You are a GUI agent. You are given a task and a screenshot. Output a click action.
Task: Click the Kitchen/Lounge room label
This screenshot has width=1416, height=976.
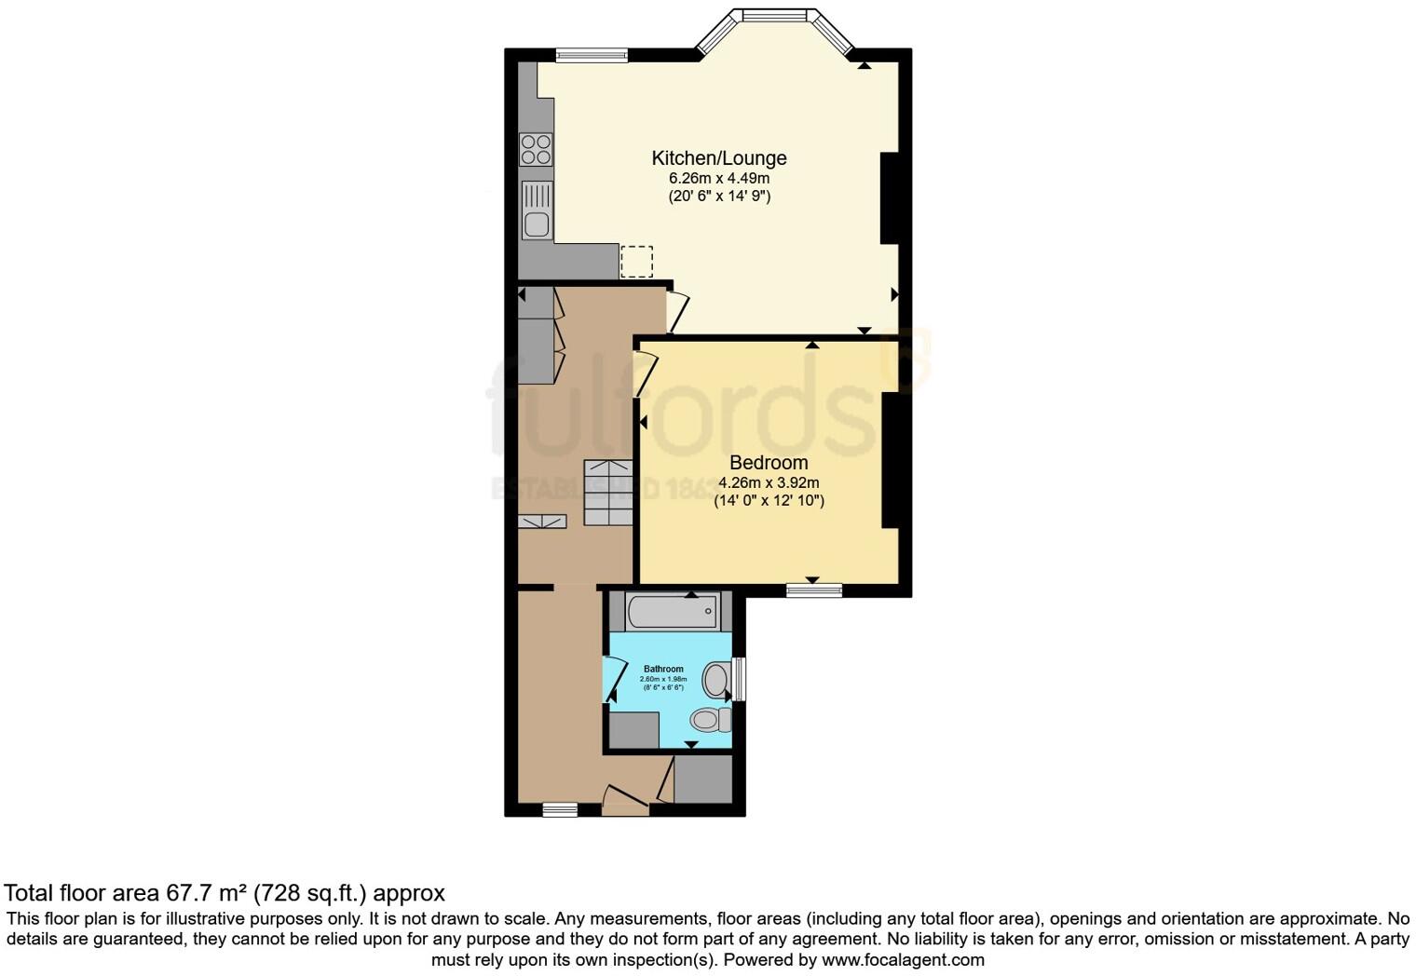click(718, 158)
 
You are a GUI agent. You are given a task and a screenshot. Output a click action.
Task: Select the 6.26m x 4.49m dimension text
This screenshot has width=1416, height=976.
click(718, 179)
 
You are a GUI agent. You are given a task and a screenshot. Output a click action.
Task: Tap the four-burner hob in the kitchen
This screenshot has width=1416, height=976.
click(536, 150)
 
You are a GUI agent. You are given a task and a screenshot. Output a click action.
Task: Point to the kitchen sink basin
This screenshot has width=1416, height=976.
click(536, 224)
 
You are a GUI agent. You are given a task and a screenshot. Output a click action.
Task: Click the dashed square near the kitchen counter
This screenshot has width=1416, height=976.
click(637, 262)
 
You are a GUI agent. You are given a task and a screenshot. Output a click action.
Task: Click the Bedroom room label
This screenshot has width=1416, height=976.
click(769, 463)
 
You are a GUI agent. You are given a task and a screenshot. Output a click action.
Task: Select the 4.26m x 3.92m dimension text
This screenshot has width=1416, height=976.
click(769, 482)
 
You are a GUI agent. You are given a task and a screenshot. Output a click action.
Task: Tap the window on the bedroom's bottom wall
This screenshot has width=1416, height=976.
click(813, 590)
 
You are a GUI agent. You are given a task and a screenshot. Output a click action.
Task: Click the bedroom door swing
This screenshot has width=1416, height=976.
click(643, 372)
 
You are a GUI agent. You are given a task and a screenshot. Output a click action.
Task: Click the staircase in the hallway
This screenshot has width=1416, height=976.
click(607, 493)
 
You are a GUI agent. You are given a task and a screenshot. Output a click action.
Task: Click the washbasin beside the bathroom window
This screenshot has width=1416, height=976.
click(717, 680)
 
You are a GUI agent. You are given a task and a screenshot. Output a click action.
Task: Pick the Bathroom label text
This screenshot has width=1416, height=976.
click(663, 669)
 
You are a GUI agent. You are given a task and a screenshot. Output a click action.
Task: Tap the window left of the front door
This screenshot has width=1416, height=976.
click(560, 810)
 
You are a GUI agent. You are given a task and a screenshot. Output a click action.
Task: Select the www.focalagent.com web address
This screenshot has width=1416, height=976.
click(903, 959)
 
